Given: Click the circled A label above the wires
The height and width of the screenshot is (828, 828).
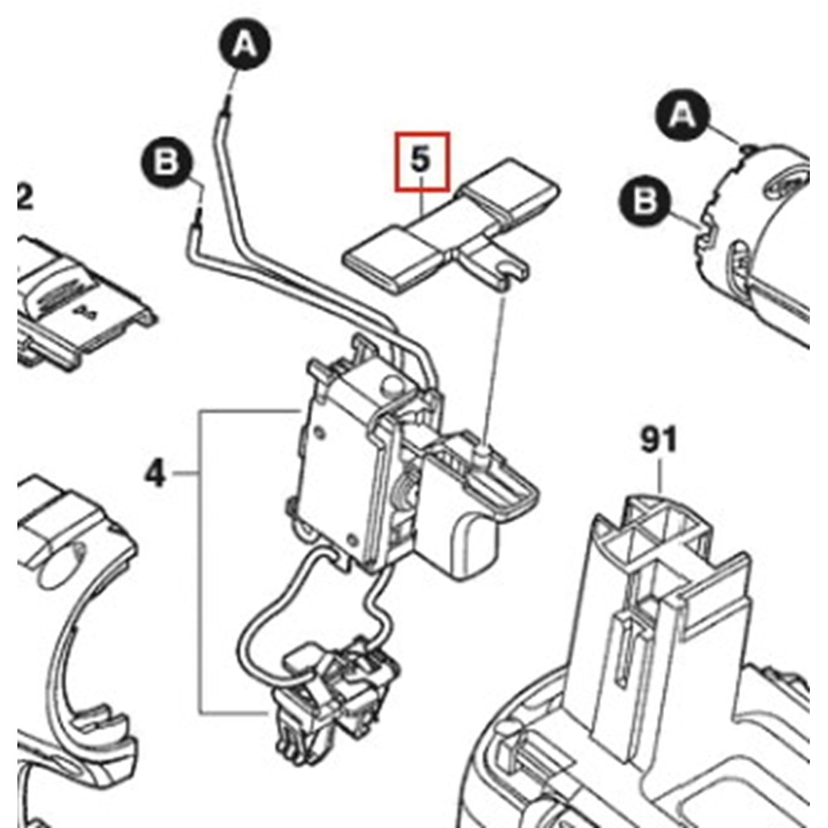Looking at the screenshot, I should tap(243, 47).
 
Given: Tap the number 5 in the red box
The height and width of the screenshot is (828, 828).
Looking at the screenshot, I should tap(421, 160).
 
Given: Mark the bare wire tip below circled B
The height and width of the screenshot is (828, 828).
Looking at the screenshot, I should tap(199, 219).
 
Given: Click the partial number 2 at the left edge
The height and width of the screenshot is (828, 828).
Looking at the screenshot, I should tap(25, 199).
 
